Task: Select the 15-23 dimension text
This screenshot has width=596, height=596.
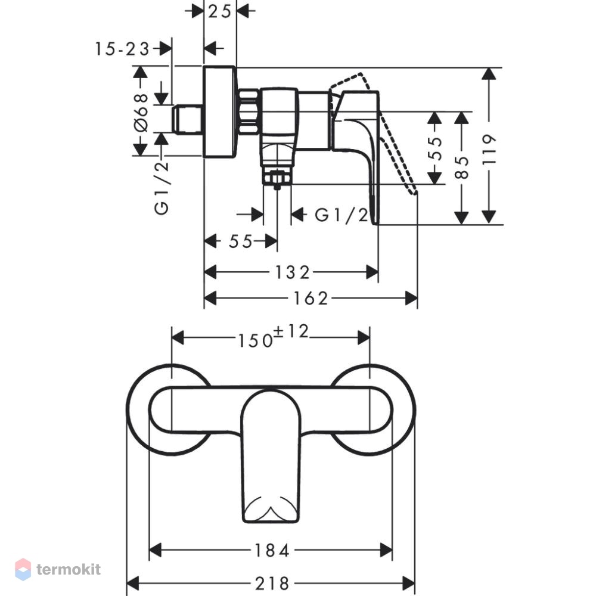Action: coord(122,49)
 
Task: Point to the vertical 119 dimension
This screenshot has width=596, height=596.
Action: coord(489,148)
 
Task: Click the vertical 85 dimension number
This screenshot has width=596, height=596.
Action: coord(462,167)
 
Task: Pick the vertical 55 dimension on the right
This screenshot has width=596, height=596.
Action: coord(435,148)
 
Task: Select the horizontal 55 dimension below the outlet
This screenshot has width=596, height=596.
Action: coord(241,241)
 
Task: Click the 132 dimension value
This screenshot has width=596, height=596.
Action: coord(292,272)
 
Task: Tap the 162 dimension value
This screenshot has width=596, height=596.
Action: coord(310,299)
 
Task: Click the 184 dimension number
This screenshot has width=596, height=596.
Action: coord(272,550)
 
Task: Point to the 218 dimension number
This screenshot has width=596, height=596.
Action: coord(272,583)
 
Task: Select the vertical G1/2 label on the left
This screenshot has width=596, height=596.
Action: coord(162,188)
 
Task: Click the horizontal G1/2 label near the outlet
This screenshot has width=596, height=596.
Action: coord(342,215)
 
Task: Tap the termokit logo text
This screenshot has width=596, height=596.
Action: coord(69,569)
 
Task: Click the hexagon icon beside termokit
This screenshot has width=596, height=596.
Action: coord(23,569)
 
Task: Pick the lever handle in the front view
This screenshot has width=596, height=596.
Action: coord(271,456)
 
